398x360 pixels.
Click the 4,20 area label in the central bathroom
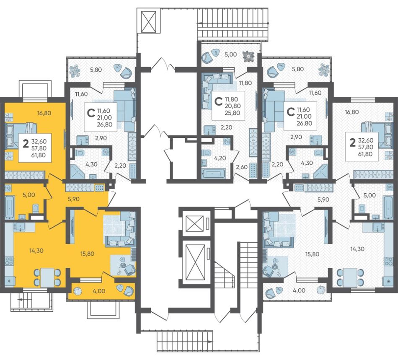[x=220, y=158]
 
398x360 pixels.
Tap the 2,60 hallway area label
[x=241, y=167]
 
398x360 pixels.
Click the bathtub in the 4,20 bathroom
[x=214, y=174]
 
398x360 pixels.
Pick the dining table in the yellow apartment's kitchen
[x=47, y=277]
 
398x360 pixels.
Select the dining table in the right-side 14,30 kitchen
[x=350, y=277]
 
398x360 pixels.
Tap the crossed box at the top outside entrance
[x=148, y=21]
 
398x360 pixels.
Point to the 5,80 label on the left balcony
[x=96, y=69]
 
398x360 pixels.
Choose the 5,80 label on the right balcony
[x=298, y=69]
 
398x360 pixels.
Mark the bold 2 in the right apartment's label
[x=352, y=143]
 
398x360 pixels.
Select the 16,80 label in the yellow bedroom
[x=44, y=113]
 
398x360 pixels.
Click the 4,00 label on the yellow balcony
[x=99, y=291]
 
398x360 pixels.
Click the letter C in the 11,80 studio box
[x=218, y=101]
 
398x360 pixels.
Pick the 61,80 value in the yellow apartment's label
[x=39, y=155]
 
